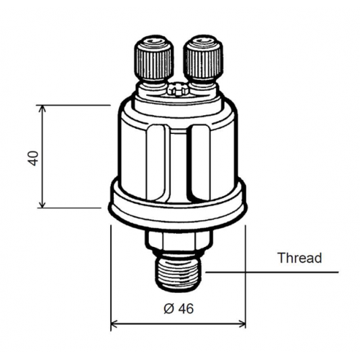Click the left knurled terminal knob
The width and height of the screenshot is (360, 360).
(x=153, y=59)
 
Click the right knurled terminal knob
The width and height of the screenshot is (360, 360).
(x=203, y=59)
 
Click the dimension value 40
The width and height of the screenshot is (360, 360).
(x=33, y=158)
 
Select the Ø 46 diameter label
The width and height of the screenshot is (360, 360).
(x=179, y=309)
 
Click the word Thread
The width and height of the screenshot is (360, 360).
(x=300, y=258)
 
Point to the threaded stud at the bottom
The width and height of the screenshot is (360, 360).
(x=178, y=274)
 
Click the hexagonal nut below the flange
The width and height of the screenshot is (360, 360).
(x=179, y=240)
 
